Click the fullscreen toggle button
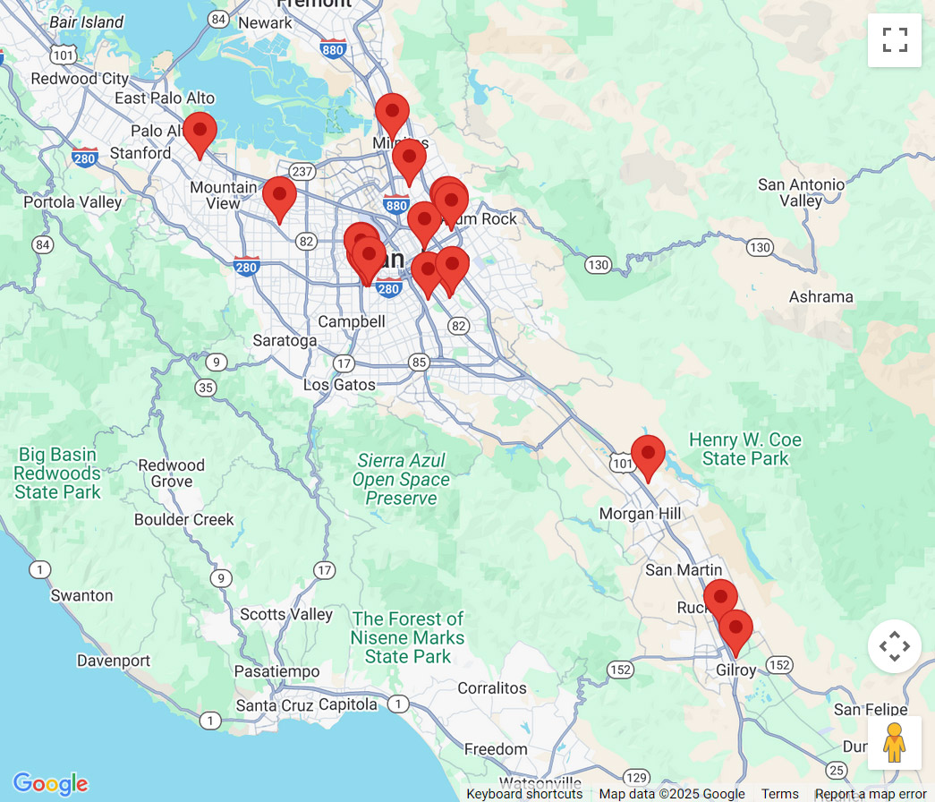pyautogui.click(x=894, y=40)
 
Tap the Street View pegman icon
pyautogui.click(x=894, y=742)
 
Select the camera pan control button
pyautogui.click(x=894, y=646)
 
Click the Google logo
pyautogui.click(x=50, y=784)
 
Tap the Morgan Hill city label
pyautogui.click(x=640, y=514)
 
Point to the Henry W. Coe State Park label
pyautogui.click(x=745, y=449)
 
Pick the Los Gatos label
pyautogui.click(x=339, y=385)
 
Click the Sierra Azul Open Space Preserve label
pyautogui.click(x=401, y=479)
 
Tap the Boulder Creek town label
pyautogui.click(x=183, y=520)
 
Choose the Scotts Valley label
pyautogui.click(x=286, y=615)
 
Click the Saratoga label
pyautogui.click(x=285, y=341)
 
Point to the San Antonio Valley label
pyautogui.click(x=801, y=192)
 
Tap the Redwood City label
pyautogui.click(x=80, y=79)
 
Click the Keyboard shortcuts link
pyautogui.click(x=524, y=794)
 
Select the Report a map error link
pyautogui.click(x=870, y=794)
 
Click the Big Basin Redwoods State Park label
pyautogui.click(x=57, y=473)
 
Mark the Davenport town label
pyautogui.click(x=114, y=661)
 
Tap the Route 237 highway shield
pyautogui.click(x=302, y=171)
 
